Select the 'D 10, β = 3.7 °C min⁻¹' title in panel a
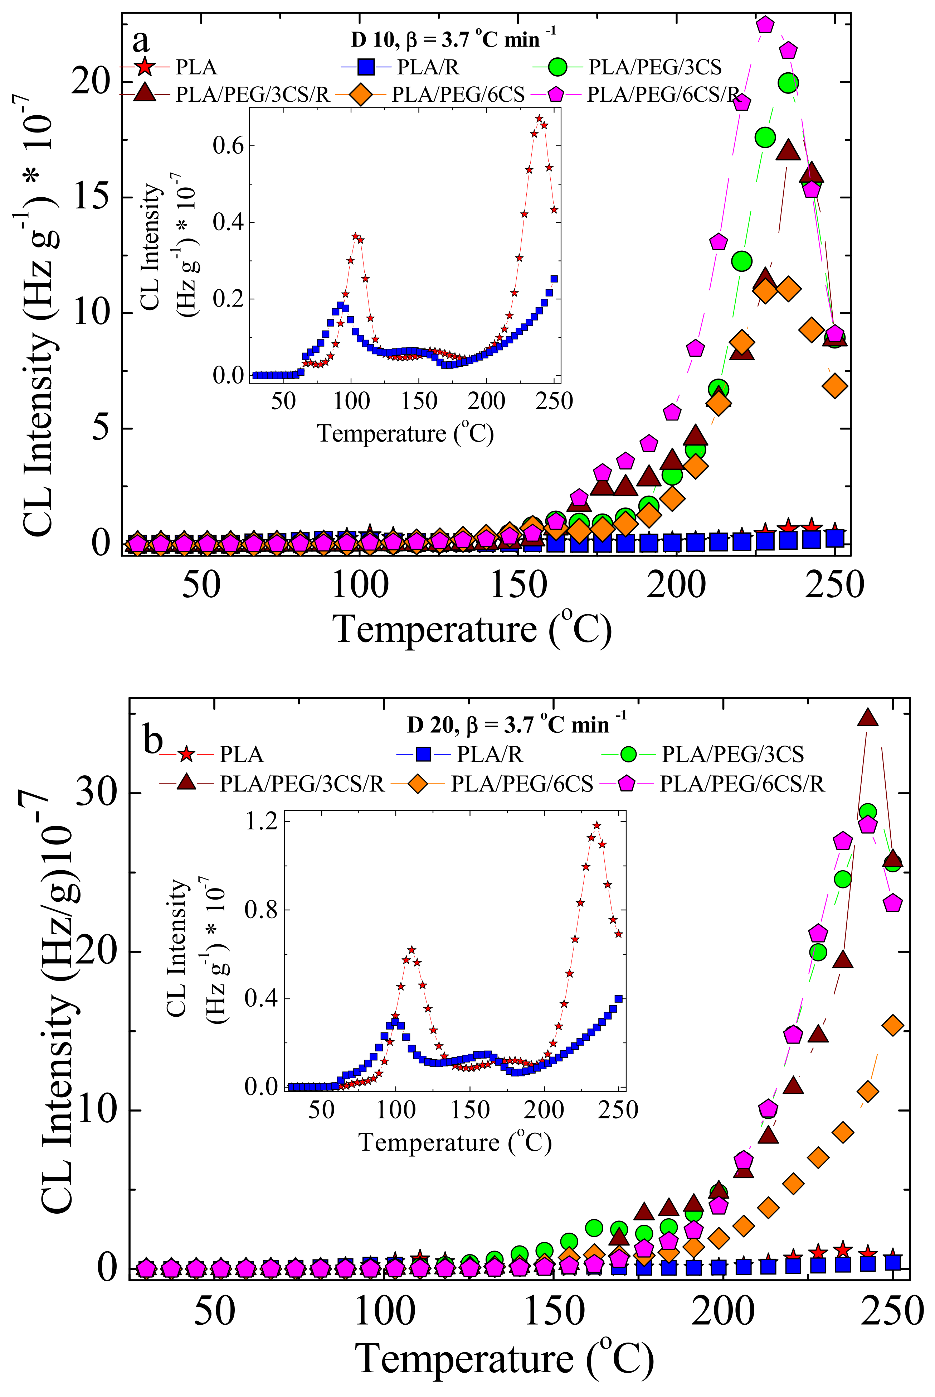(x=453, y=39)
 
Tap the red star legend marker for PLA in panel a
(x=143, y=67)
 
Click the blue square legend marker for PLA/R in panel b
(x=423, y=754)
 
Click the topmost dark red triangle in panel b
(x=868, y=718)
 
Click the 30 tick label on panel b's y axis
(x=96, y=793)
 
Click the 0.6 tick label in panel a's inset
(x=229, y=146)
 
